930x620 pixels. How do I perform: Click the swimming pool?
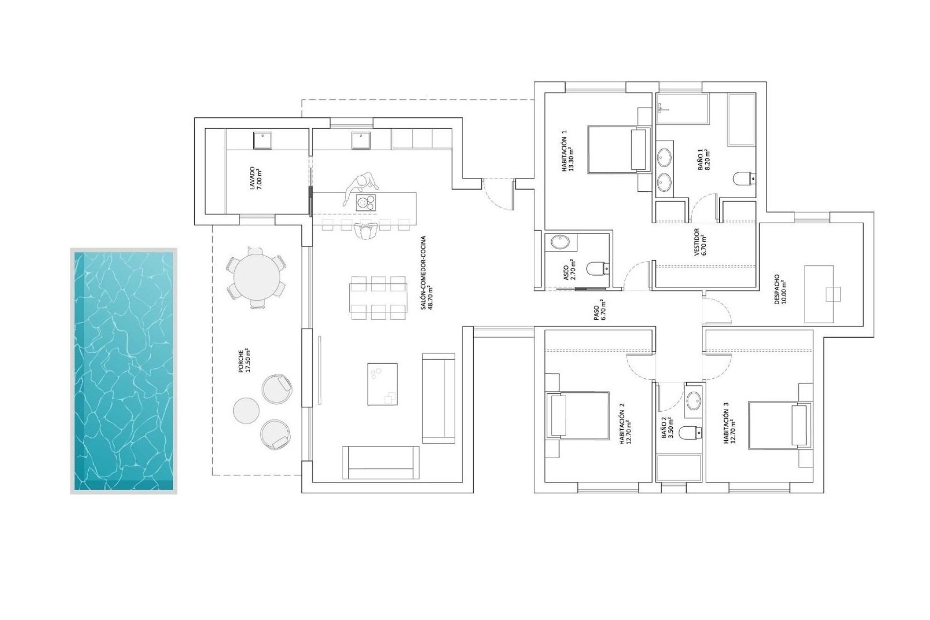point(124,371)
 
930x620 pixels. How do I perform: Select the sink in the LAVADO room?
point(263,140)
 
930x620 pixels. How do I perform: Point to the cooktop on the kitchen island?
point(366,202)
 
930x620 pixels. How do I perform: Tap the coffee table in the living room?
point(382,384)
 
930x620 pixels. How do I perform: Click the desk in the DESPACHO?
point(819,294)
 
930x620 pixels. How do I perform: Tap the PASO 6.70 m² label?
point(599,310)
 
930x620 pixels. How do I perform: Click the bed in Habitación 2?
point(577,415)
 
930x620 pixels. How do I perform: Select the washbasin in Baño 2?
point(694,401)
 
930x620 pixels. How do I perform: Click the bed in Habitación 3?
point(779,424)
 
